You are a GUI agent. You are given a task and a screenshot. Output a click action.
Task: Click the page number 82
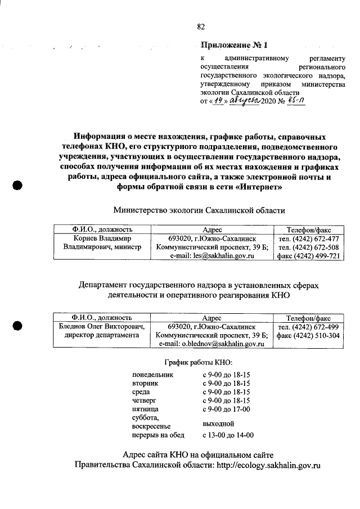(201, 26)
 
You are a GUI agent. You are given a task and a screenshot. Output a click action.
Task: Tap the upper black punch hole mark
(17, 186)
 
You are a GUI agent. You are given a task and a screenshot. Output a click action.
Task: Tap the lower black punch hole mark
(17, 325)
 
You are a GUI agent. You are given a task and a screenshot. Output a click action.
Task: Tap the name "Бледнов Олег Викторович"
(102, 327)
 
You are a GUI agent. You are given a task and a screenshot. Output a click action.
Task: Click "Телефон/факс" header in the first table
(309, 229)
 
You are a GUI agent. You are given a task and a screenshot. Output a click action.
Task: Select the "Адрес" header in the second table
(212, 318)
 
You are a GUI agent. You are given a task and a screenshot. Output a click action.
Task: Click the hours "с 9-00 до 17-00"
(226, 409)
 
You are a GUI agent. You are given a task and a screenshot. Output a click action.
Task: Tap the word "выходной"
(218, 424)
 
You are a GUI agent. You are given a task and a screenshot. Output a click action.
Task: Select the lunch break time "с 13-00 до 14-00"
(228, 435)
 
